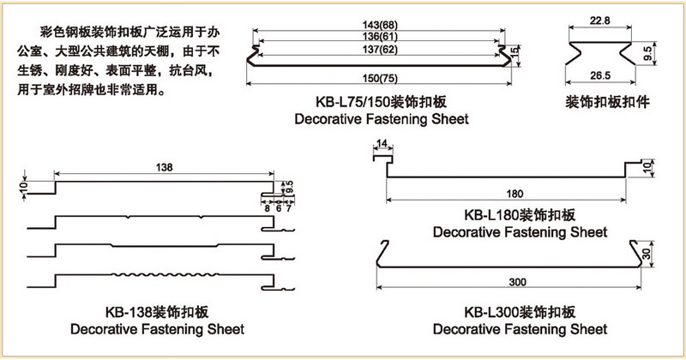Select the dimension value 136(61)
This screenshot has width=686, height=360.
click(x=381, y=37)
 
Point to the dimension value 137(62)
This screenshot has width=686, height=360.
click(x=381, y=50)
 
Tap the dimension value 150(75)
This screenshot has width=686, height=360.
click(x=381, y=80)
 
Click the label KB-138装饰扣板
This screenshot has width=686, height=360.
click(x=157, y=312)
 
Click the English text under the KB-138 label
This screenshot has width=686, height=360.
click(x=157, y=329)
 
